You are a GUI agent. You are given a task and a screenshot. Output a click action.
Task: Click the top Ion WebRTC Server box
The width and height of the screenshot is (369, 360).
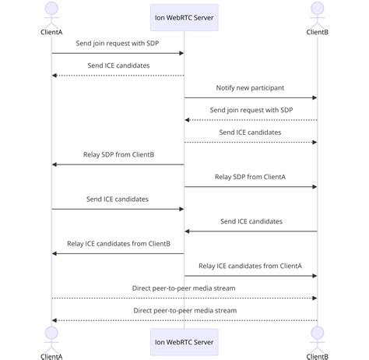click(184, 16)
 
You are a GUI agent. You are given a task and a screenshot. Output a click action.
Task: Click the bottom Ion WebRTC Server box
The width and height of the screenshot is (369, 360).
click(184, 341)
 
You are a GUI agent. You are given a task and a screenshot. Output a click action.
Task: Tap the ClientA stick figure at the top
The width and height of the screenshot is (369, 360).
click(51, 13)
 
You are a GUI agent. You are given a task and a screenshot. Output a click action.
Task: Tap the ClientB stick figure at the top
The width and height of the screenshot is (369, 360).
click(317, 13)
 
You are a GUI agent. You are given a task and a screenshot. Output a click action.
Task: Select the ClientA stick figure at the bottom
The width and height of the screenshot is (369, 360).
click(51, 337)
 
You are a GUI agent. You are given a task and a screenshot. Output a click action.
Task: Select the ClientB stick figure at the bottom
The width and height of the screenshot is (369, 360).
click(317, 337)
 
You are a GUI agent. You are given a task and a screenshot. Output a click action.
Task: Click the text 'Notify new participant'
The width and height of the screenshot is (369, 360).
click(251, 87)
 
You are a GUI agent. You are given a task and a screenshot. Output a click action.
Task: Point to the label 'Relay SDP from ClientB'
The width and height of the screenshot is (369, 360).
click(118, 154)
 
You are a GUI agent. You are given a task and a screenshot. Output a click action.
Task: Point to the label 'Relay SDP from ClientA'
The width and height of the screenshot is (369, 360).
click(251, 177)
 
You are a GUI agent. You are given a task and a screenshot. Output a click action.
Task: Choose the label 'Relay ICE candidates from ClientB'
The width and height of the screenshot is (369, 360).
click(118, 243)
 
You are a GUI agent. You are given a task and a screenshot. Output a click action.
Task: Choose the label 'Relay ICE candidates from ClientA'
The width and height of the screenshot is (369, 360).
click(251, 266)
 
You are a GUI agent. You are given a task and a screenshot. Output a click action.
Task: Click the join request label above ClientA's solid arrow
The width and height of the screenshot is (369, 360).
click(118, 43)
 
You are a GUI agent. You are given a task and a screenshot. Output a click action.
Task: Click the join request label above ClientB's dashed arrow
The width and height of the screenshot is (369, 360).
click(251, 110)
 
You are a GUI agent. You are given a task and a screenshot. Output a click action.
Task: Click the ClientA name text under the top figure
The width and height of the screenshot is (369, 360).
click(51, 32)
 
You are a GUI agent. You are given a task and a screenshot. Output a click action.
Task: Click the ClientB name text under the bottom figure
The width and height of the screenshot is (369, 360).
click(317, 356)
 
